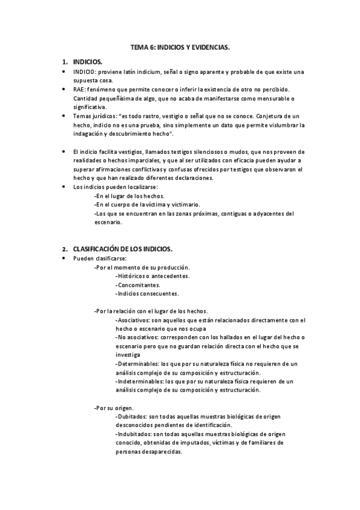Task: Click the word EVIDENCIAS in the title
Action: pyautogui.click(x=207, y=46)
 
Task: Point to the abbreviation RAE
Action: pyautogui.click(x=79, y=89)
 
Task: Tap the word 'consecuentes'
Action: pyautogui.click(x=158, y=293)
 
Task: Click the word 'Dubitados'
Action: pyautogui.click(x=133, y=416)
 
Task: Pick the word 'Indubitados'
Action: pyautogui.click(x=135, y=434)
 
